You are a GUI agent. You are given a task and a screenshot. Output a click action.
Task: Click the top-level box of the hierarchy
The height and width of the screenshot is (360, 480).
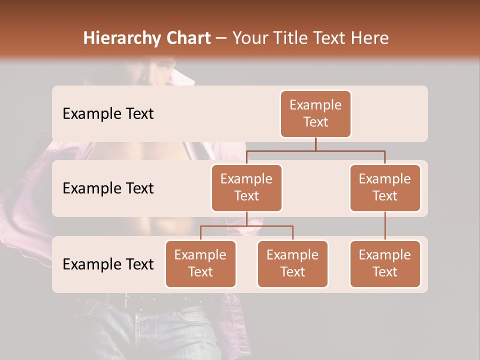click(315, 113)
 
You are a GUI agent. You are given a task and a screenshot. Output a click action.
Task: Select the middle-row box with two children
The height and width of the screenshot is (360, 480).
click(246, 187)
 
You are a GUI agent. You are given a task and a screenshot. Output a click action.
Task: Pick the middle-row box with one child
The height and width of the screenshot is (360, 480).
click(385, 187)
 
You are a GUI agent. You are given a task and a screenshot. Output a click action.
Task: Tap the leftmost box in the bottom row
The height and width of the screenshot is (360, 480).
click(200, 263)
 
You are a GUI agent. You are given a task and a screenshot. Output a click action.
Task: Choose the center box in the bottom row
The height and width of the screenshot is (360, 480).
click(292, 263)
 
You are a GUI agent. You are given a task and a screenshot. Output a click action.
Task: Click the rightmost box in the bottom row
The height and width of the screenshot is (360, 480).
click(385, 263)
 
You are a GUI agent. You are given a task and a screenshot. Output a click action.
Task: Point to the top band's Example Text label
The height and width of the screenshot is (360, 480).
click(108, 114)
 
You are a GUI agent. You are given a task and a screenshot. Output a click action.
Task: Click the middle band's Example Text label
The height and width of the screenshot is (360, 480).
click(108, 188)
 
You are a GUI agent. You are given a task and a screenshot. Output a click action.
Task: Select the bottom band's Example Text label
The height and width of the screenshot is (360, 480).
click(108, 264)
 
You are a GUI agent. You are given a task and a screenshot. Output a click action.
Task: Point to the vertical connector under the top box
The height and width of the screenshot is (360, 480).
click(315, 144)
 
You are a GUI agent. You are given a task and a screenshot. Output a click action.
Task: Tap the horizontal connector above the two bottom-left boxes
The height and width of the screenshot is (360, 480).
click(246, 226)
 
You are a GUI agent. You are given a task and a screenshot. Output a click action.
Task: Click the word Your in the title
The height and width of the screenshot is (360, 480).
click(248, 38)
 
